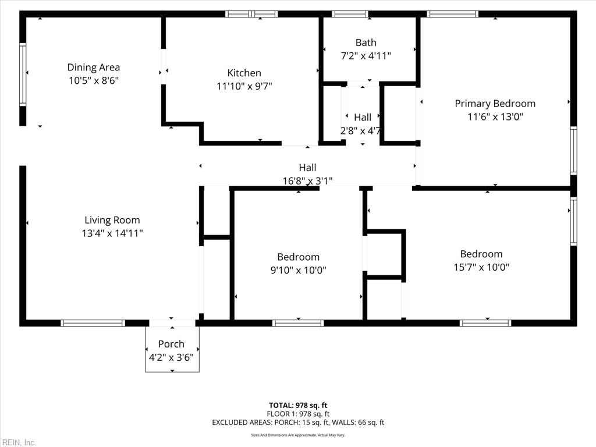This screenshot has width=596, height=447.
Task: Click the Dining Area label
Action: (x=93, y=68)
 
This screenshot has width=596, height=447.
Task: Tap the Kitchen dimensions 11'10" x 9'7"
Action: (x=244, y=86)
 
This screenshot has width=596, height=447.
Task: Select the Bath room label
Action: (x=366, y=42)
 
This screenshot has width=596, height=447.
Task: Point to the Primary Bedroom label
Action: (x=495, y=104)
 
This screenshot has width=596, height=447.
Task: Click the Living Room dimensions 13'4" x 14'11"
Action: (x=112, y=233)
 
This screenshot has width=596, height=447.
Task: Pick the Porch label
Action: (x=171, y=344)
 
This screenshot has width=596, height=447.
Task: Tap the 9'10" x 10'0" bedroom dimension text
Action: (x=298, y=270)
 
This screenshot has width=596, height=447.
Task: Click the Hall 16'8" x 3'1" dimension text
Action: (x=307, y=181)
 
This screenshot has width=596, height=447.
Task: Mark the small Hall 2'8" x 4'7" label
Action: (x=362, y=118)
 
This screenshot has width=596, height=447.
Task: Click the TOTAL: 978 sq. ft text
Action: (x=298, y=405)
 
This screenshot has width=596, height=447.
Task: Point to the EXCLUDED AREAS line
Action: (x=298, y=423)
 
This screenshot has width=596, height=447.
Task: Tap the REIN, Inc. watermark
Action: (x=18, y=442)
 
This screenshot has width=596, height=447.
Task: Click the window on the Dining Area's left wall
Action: (x=23, y=74)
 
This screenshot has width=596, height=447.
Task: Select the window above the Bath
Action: (x=350, y=14)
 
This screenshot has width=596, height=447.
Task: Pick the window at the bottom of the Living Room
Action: (x=93, y=323)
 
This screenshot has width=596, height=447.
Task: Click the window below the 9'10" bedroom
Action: (x=298, y=323)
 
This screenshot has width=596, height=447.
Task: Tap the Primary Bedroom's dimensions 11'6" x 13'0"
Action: (x=495, y=116)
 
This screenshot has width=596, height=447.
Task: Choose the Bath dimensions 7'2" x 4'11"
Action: (x=366, y=56)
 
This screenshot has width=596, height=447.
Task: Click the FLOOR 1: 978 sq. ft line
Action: (x=298, y=414)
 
